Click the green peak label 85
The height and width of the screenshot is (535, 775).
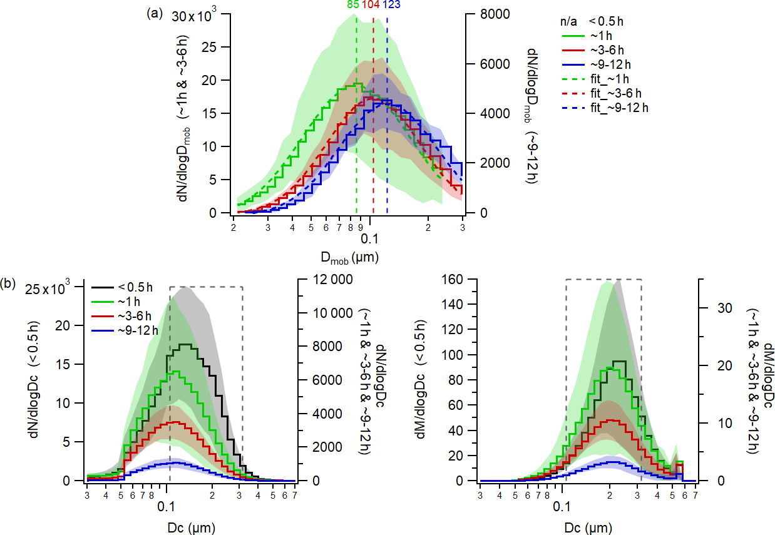[354, 5]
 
